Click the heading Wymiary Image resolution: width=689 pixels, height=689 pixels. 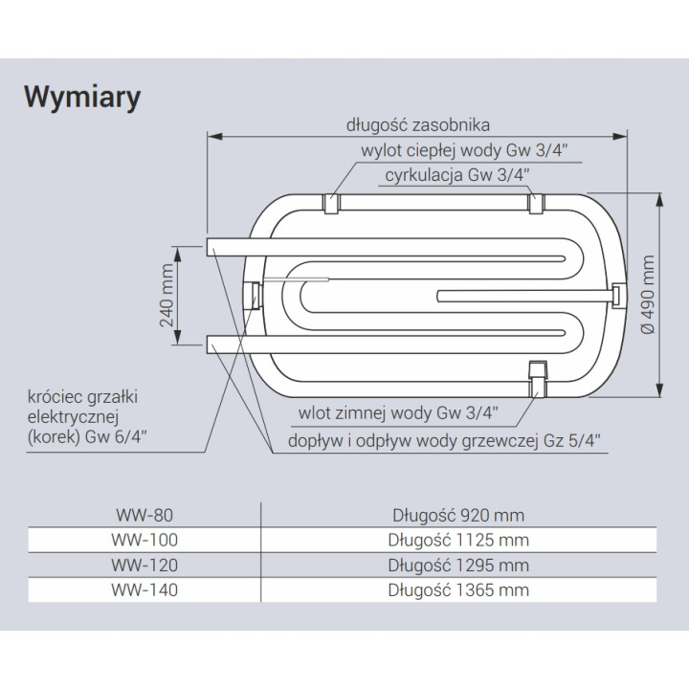[x=82, y=98]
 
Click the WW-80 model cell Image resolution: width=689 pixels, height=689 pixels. [x=144, y=515]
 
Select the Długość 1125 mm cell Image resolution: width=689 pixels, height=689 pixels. [x=458, y=540]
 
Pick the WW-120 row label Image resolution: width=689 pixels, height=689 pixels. [x=144, y=566]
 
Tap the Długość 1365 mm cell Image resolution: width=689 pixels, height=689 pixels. [x=458, y=590]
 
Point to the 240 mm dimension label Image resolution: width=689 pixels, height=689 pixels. [x=167, y=296]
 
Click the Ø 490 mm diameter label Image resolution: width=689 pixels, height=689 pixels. [x=648, y=295]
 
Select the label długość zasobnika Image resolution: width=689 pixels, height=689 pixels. [x=418, y=125]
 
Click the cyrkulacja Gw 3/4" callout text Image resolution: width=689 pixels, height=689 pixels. [x=457, y=175]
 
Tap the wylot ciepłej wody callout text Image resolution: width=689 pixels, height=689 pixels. [x=464, y=150]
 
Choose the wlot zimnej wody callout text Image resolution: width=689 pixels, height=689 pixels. [x=398, y=413]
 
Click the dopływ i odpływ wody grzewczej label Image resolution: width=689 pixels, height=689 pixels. [x=444, y=440]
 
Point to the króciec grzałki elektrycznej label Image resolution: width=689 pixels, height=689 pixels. [x=86, y=416]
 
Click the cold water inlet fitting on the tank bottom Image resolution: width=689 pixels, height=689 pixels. [x=538, y=378]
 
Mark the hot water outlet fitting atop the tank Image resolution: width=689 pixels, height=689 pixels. [x=332, y=204]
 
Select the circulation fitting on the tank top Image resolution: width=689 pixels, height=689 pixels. [x=537, y=204]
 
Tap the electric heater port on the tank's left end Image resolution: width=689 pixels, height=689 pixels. [x=254, y=296]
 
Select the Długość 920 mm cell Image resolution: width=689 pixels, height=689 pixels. [x=458, y=515]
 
